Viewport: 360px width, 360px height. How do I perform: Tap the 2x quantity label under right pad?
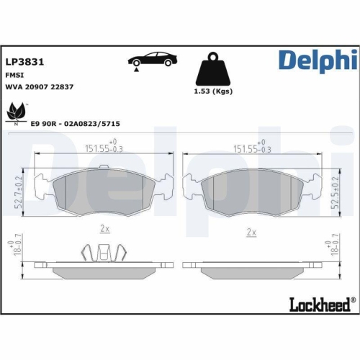click(x=251, y=232)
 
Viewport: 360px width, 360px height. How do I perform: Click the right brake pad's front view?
click(x=251, y=191)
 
